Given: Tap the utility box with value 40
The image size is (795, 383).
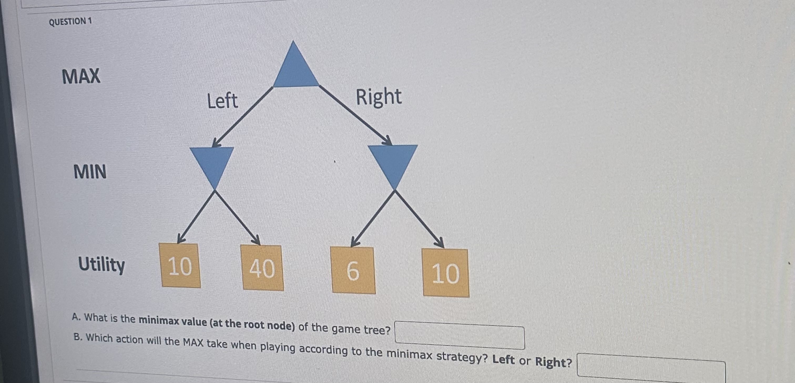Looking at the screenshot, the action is [x=262, y=268].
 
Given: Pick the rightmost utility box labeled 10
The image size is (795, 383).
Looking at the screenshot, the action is [x=446, y=273].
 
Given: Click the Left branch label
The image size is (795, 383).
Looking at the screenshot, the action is [x=222, y=101].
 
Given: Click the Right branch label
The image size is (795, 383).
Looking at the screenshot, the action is [x=379, y=97].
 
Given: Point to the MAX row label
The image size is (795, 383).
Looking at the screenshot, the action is [x=81, y=76].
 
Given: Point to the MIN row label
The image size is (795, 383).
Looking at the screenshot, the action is [x=90, y=172].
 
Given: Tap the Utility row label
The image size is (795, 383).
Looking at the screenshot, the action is [x=101, y=265].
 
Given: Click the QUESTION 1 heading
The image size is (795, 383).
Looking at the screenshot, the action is [x=70, y=22].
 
